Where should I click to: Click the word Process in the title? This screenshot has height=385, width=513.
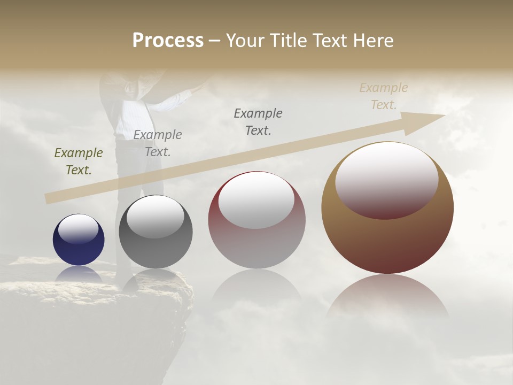(168, 41)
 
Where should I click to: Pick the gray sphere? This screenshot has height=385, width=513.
(156, 251)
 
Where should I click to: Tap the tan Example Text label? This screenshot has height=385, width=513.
(384, 96)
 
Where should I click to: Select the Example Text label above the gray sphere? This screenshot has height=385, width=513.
(158, 143)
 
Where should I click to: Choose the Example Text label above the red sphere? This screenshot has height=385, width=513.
(258, 121)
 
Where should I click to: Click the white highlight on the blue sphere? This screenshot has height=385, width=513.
(79, 229)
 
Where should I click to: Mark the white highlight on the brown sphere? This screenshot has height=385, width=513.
(386, 179)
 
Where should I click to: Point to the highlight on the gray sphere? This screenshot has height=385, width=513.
(155, 216)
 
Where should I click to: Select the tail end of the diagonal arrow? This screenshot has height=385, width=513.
(49, 198)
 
